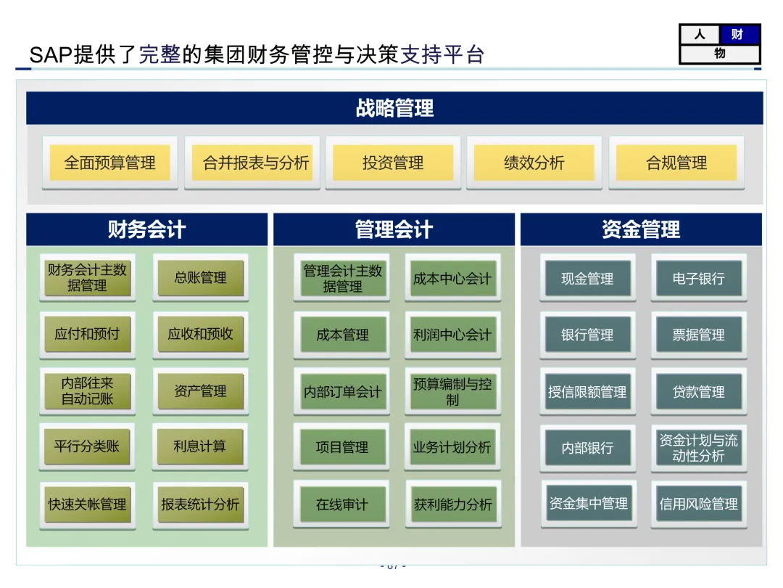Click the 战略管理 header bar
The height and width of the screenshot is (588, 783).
pos(394,108)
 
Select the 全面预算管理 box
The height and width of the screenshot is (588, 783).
pos(109,163)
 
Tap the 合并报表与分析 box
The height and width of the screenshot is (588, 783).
pos(252,163)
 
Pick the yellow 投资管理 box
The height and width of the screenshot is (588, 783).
pos(393,163)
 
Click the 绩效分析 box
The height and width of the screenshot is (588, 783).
pos(534,163)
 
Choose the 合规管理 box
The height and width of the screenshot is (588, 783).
pos(676,163)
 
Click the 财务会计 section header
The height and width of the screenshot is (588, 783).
pos(147,229)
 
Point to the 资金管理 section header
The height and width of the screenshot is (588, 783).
pos(641,229)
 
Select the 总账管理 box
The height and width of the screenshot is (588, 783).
pos(200,278)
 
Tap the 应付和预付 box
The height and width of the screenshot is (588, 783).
pos(87,334)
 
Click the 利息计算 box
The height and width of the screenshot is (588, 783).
pos(200,446)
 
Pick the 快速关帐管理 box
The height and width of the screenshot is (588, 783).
pos(87,504)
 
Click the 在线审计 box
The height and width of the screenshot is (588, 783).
pos(341,504)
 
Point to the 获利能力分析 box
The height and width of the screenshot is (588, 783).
pos(452,504)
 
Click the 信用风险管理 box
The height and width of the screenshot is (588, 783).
pos(698,504)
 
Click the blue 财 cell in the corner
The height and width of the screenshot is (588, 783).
pos(739,34)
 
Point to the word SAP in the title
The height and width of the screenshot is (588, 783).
pos(51,54)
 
